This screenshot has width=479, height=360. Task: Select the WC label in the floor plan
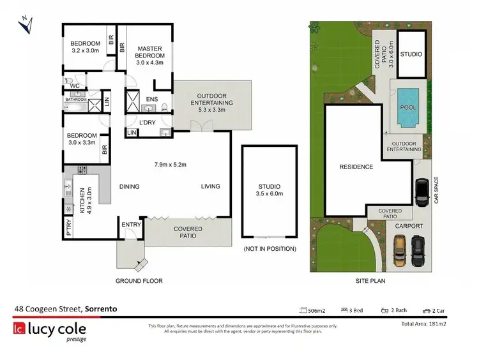(x=75, y=86)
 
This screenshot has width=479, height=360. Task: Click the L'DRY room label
(x=148, y=122)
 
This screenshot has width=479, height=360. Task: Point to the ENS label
(x=152, y=100)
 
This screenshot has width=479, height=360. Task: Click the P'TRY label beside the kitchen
(x=69, y=227)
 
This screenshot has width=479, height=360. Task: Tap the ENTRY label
(x=131, y=224)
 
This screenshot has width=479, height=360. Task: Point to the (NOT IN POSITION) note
(x=270, y=248)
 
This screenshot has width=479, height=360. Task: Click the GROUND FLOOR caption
(x=139, y=281)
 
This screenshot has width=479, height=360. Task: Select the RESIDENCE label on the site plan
(x=356, y=167)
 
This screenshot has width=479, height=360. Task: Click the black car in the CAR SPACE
(x=422, y=192)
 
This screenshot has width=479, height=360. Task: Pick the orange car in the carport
(x=399, y=250)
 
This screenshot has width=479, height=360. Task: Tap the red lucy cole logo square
(x=19, y=329)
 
